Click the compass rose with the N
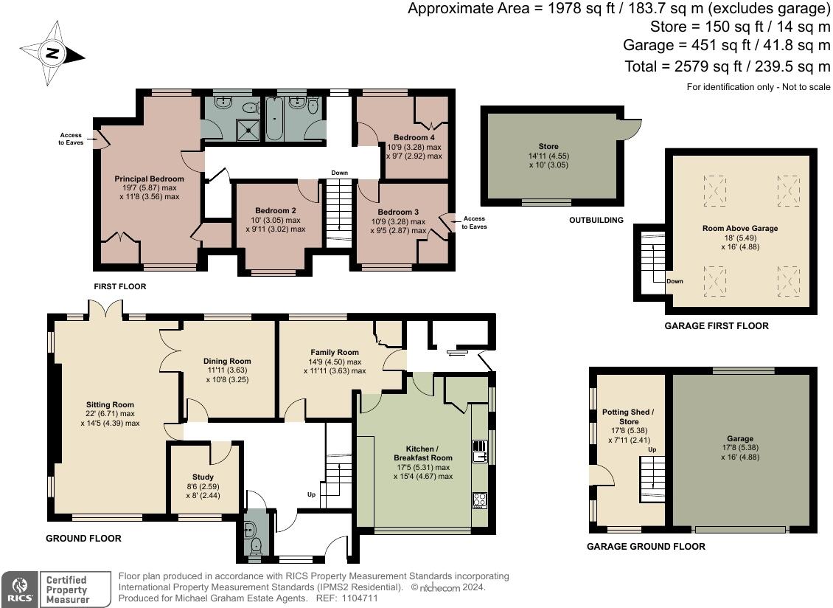tap(52, 54)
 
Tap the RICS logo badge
tap(20, 590)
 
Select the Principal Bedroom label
tap(149, 179)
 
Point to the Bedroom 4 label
tap(414, 138)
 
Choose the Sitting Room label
tap(110, 404)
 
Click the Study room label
tap(203, 477)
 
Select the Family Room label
tap(334, 353)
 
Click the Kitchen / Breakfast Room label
tap(422, 453)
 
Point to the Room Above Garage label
tap(740, 229)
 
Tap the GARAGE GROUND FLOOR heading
tap(646, 547)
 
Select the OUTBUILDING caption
tap(596, 220)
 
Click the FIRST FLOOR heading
tap(119, 286)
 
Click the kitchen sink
tap(479, 450)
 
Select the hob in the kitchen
tap(479, 500)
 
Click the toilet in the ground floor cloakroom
tap(256, 546)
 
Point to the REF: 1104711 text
tap(347, 598)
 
